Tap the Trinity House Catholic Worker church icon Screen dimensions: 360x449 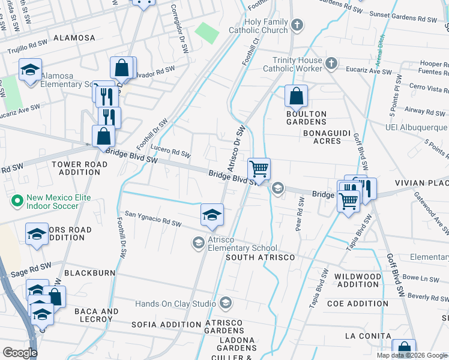[331, 63]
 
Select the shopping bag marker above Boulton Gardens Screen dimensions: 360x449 [296, 95]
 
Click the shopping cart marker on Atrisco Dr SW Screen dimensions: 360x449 [259, 169]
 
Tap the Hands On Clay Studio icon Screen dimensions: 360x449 [226, 303]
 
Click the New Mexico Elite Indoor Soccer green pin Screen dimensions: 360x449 [17, 200]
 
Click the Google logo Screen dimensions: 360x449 [20, 353]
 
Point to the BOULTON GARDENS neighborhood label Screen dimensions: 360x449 [306, 118]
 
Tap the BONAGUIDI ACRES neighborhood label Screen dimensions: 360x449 [322, 137]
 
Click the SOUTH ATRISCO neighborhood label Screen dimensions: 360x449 [260, 257]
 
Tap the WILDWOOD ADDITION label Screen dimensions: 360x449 [358, 280]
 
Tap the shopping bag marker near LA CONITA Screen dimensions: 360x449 [403, 350]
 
